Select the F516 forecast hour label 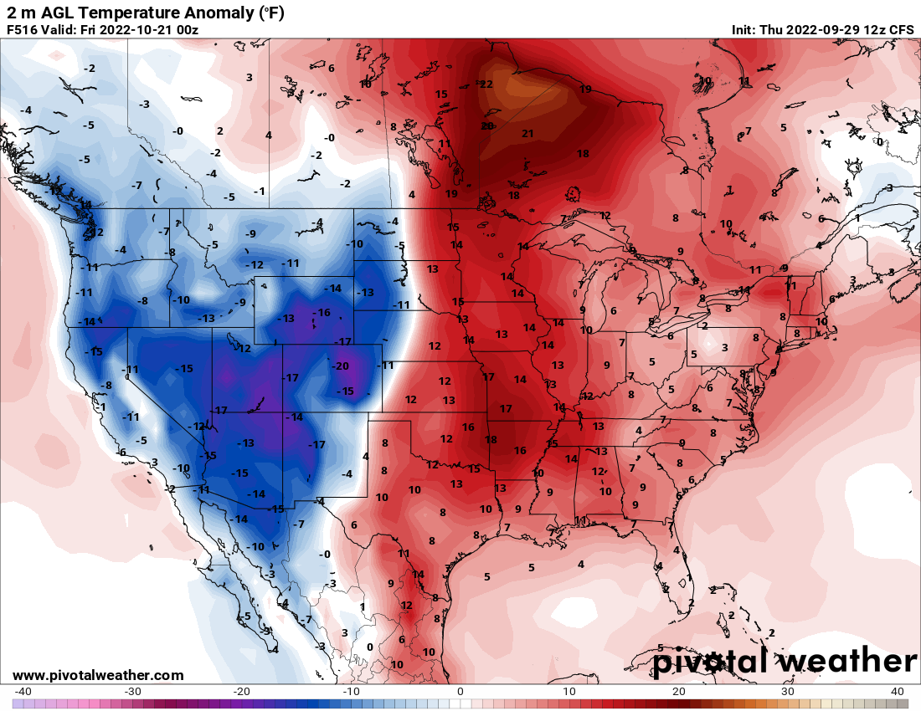(x=23, y=29)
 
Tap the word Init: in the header (x=743, y=29)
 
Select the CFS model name (x=901, y=29)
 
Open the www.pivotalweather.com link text (x=98, y=675)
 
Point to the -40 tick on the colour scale (x=23, y=692)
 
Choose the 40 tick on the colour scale (x=898, y=692)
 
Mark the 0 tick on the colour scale (x=460, y=692)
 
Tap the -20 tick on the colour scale (x=241, y=692)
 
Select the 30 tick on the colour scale (x=789, y=692)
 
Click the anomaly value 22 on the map (x=486, y=84)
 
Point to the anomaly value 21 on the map (x=527, y=133)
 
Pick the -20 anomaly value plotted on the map (x=340, y=366)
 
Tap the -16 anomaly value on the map (x=322, y=312)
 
